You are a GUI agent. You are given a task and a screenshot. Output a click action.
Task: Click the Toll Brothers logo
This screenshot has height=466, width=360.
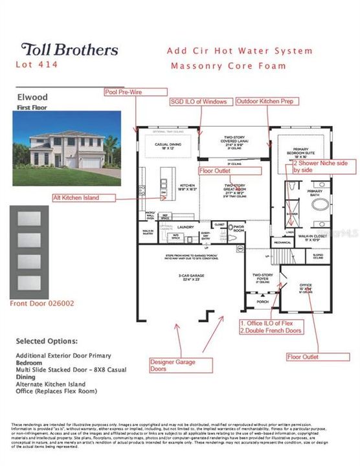click(x=70, y=50)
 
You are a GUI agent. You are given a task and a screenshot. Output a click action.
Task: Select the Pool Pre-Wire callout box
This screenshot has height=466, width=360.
click(x=127, y=93)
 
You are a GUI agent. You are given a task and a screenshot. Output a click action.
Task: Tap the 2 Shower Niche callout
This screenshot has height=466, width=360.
click(x=320, y=166)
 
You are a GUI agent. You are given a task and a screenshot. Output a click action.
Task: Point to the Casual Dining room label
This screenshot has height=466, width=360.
click(x=165, y=146)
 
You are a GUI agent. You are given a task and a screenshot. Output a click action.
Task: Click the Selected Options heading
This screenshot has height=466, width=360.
click(x=47, y=340)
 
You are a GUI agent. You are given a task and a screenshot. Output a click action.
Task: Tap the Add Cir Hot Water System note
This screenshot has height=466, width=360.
click(x=239, y=50)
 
